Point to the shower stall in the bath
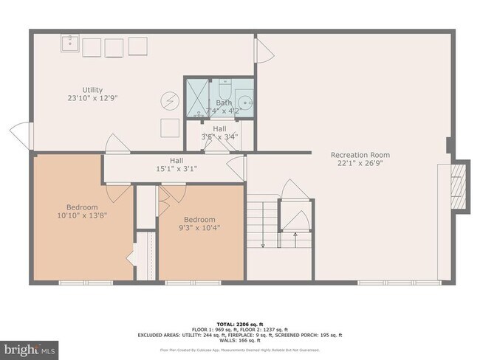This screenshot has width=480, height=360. [x=197, y=100]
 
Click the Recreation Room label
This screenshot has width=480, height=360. [x=360, y=159]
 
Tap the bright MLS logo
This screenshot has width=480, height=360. [x=28, y=347]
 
